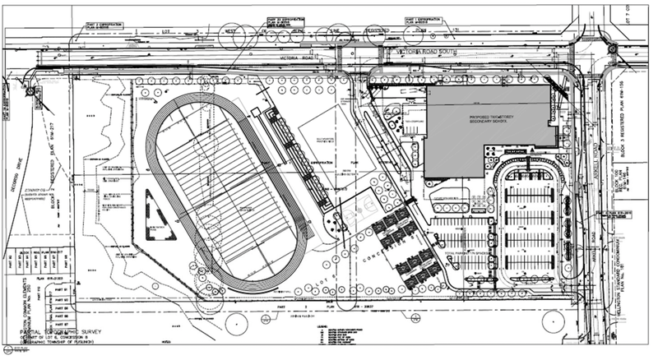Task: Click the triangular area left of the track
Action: pyautogui.click(x=159, y=216)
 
